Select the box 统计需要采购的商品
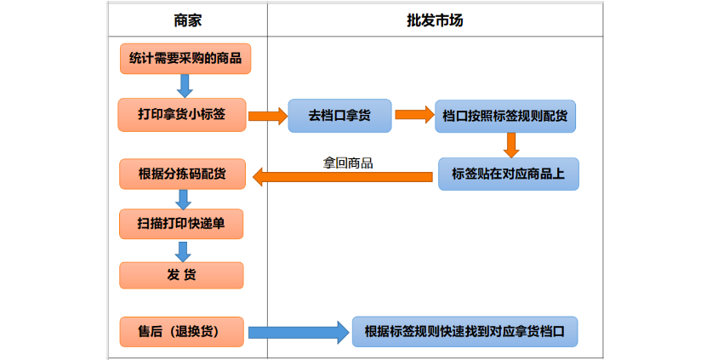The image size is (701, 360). click(185, 59)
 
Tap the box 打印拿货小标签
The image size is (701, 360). click(181, 115)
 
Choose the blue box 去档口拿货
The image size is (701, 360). click(340, 116)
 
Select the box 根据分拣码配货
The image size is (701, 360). click(181, 174)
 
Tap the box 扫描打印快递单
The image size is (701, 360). click(180, 224)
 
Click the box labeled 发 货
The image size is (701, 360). click(181, 275)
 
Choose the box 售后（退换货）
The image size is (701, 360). click(181, 331)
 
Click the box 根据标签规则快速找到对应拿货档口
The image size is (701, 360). click(464, 331)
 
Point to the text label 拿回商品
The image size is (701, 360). click(348, 163)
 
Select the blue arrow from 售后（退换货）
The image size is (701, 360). click(299, 332)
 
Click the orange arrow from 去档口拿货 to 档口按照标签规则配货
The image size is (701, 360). click(414, 115)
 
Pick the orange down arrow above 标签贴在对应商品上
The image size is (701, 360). click(510, 145)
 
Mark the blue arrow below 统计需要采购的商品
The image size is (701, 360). click(185, 85)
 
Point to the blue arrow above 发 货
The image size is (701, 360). click(182, 250)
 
